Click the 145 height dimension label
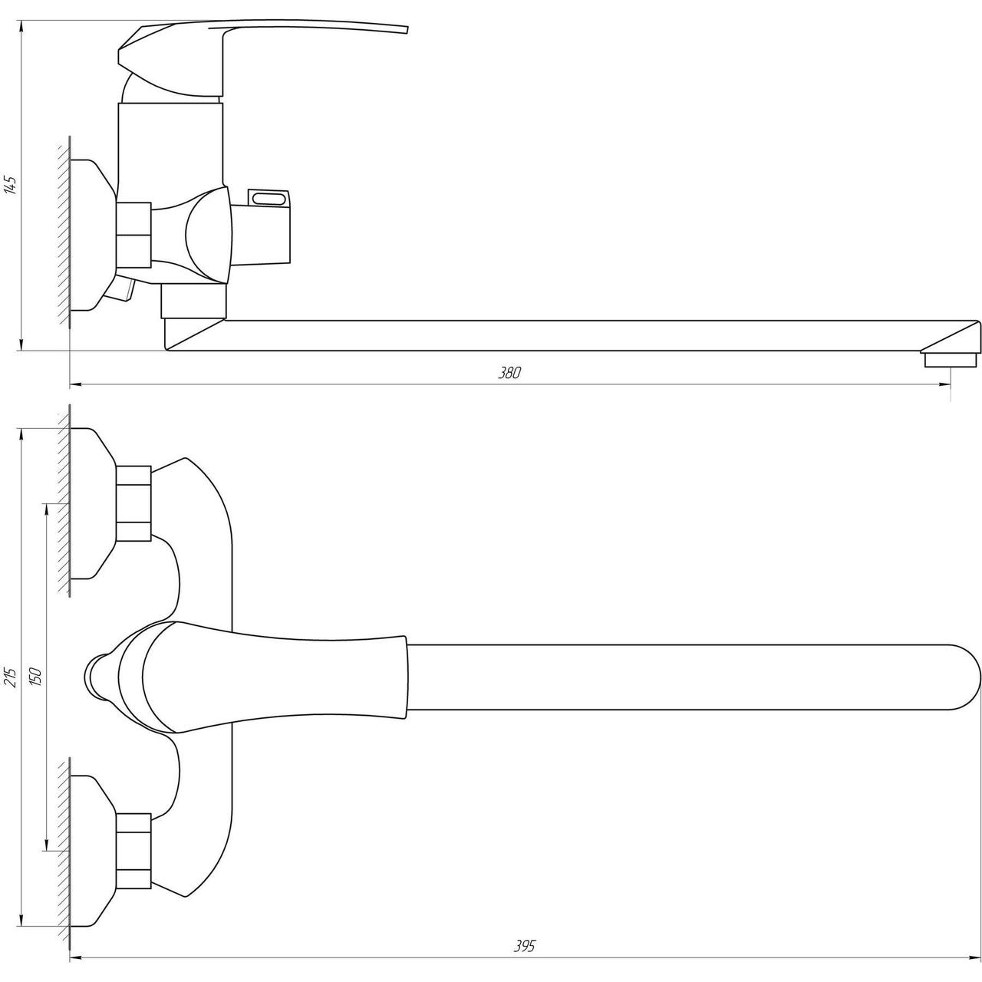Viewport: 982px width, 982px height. click(x=11, y=185)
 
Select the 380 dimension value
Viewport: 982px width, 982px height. click(x=509, y=373)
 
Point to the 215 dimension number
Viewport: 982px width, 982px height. click(x=11, y=677)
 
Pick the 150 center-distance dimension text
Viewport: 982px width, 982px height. click(x=36, y=677)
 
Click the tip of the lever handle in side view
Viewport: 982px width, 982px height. click(x=407, y=30)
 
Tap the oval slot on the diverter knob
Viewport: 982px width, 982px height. click(x=269, y=198)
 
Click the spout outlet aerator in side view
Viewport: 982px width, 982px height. click(x=951, y=360)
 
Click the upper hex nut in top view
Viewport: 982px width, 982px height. click(x=134, y=503)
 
